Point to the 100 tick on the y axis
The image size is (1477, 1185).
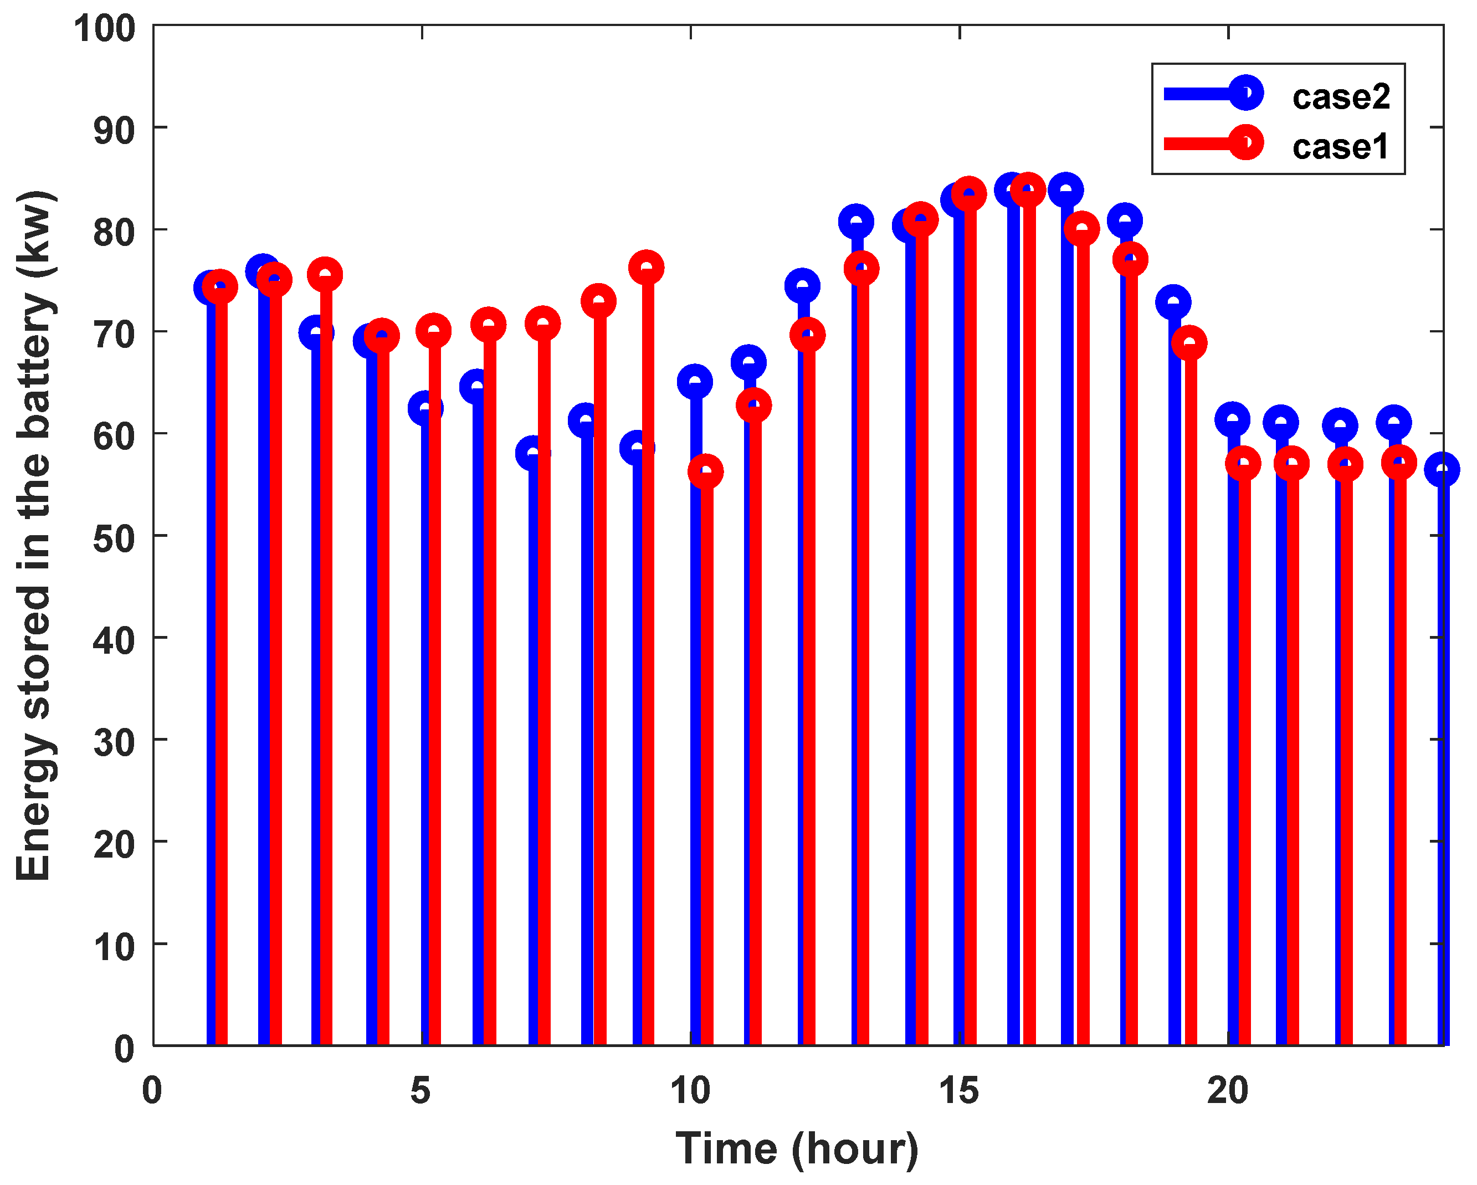[x=105, y=29]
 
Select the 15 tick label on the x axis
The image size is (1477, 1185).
[x=958, y=1090]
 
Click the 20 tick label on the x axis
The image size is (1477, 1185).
[x=1227, y=1090]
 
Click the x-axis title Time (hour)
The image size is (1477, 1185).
[x=797, y=1148]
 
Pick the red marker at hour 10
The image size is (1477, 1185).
[x=706, y=471]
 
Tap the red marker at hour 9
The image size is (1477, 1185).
[x=646, y=267]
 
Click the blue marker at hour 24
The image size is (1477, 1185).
[x=1442, y=469]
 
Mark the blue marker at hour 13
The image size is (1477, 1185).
[x=855, y=221]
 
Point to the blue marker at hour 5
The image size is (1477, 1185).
[x=425, y=408]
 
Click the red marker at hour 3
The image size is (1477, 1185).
[x=325, y=275]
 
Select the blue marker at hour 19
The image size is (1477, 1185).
[x=1173, y=302]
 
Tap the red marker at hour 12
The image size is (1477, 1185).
[x=808, y=335]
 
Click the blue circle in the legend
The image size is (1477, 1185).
[x=1246, y=93]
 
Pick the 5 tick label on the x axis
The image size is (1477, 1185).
[x=420, y=1090]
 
